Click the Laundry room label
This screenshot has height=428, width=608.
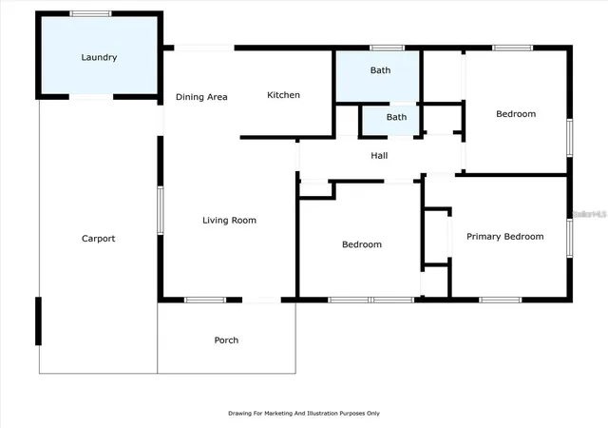tap(99, 57)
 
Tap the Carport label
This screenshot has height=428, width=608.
tap(98, 239)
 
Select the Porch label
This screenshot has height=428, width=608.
tap(226, 340)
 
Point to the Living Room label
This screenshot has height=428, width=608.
tap(229, 221)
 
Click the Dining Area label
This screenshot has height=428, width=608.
tap(201, 97)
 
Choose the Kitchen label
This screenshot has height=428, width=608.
tap(283, 95)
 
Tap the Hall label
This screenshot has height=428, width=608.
tap(379, 156)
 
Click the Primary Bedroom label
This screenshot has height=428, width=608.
tap(504, 237)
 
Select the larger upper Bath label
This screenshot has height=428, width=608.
tap(380, 70)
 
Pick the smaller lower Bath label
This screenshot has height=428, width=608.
tap(396, 117)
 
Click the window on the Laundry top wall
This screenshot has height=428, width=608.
tap(91, 13)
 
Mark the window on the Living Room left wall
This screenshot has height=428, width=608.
tap(161, 210)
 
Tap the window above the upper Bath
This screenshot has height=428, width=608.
tap(387, 48)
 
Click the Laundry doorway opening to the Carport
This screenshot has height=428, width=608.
tap(91, 97)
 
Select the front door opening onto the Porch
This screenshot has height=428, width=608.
tap(262, 300)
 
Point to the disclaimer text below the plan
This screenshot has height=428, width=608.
tap(304, 413)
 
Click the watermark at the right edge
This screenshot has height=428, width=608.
tap(590, 214)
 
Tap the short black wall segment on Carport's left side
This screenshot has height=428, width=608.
tap(38, 321)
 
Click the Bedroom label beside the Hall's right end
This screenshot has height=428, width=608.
tap(516, 114)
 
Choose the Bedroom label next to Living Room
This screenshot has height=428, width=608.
tap(362, 244)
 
